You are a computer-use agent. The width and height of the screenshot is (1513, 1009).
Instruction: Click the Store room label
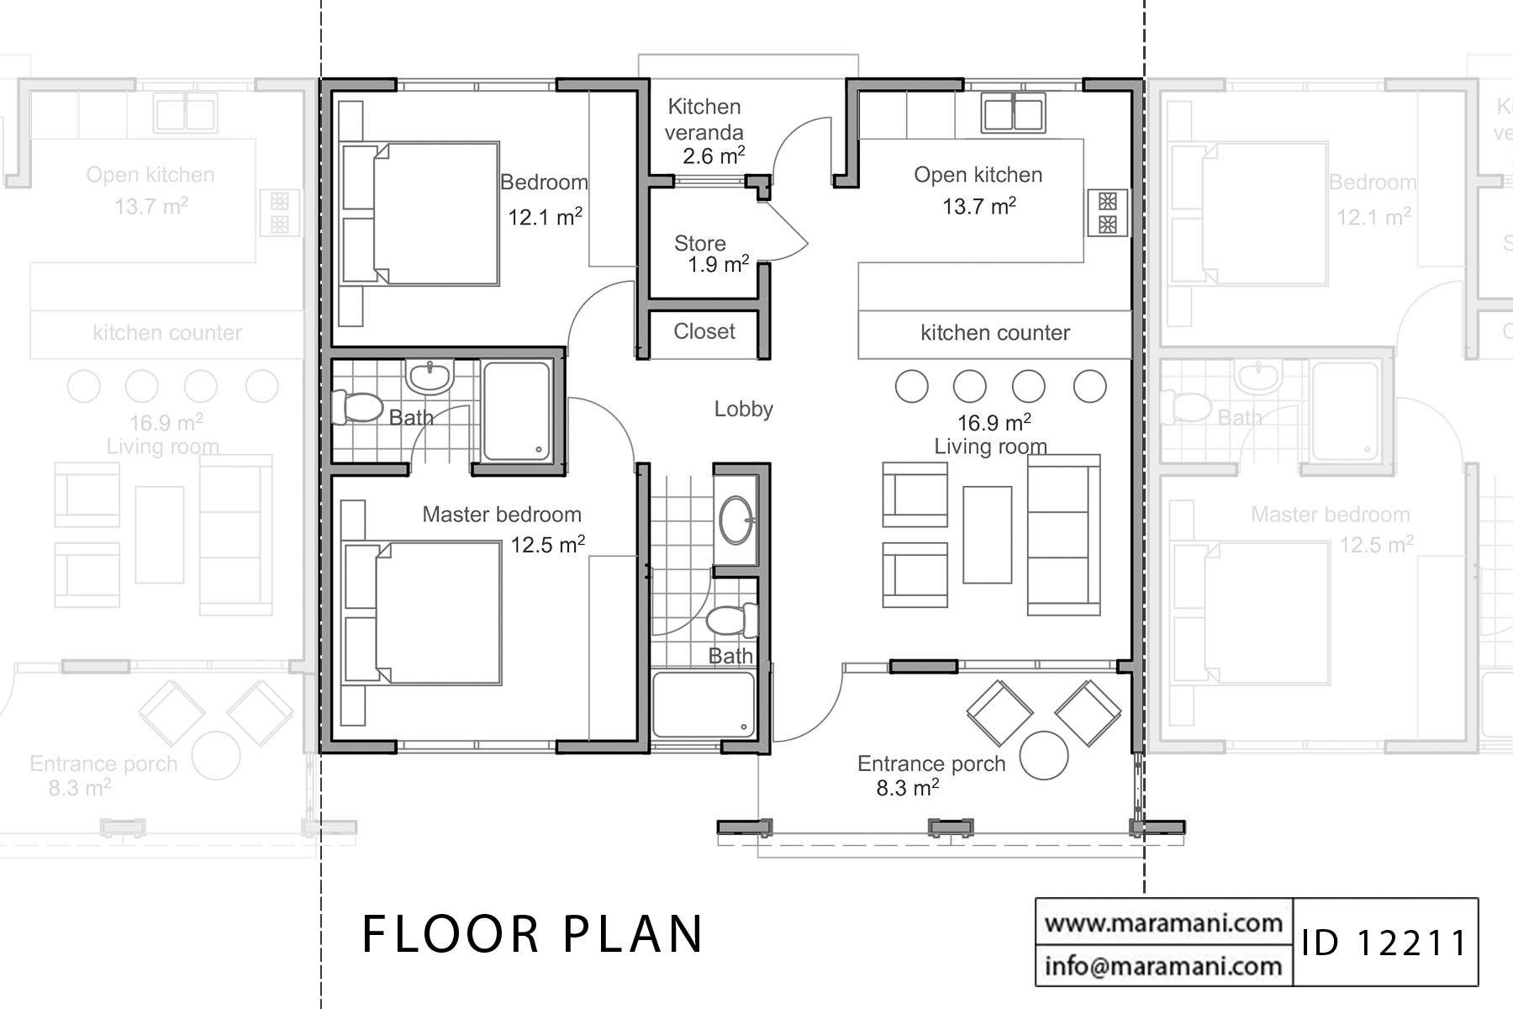700,244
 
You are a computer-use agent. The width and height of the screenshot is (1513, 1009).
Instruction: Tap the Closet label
704,331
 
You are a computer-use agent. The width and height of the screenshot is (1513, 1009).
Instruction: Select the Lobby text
743,409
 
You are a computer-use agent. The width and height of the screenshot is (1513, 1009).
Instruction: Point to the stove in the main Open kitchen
1107,213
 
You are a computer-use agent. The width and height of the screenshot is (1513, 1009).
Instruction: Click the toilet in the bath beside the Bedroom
356,407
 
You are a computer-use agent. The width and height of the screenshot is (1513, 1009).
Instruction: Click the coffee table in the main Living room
987,534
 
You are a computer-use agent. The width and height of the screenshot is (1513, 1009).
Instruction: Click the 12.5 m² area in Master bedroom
547,546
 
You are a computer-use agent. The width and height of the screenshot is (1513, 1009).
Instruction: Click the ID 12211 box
1384,943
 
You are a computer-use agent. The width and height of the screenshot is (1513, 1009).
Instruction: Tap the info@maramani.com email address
1162,965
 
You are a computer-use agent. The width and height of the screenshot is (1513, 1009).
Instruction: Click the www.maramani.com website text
1162,922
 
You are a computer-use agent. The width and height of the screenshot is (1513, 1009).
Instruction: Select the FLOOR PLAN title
533,933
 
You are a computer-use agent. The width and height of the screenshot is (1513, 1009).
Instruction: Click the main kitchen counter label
994,333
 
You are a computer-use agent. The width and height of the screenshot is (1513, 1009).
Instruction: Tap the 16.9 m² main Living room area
994,423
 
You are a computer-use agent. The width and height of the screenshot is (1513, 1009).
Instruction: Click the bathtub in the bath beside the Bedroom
517,411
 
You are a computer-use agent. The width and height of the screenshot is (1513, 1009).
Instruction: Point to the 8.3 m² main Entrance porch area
907,788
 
